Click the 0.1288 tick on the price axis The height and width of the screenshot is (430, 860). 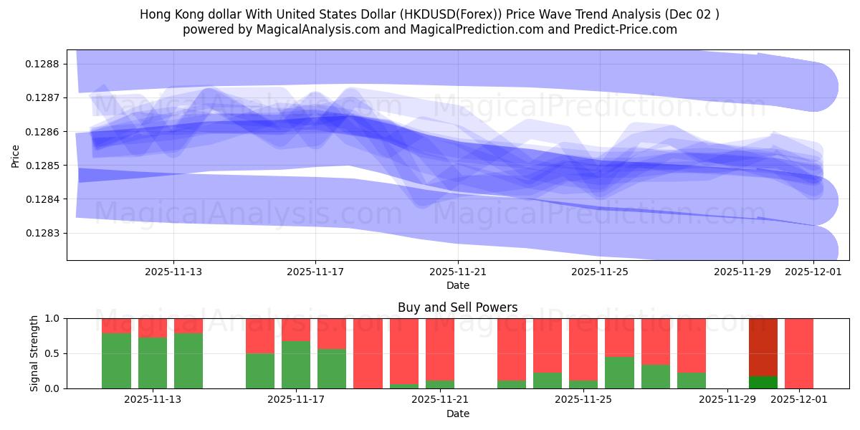coord(44,64)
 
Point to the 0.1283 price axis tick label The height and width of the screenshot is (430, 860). coord(44,233)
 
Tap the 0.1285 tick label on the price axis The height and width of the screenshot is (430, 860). coord(44,166)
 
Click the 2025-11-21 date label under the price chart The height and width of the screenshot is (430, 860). coord(458,272)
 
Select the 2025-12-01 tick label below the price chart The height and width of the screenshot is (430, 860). coord(813,272)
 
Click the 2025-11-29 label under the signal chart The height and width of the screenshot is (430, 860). coord(727,400)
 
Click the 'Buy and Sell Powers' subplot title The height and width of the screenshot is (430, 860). coord(458,307)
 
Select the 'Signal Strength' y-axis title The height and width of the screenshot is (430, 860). coord(34,353)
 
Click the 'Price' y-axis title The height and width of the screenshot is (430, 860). coord(16,155)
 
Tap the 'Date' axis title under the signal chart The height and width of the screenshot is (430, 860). coord(458,414)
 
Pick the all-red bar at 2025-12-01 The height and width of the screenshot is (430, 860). coord(799,353)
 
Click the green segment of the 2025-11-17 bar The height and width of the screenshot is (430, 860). coord(296,365)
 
